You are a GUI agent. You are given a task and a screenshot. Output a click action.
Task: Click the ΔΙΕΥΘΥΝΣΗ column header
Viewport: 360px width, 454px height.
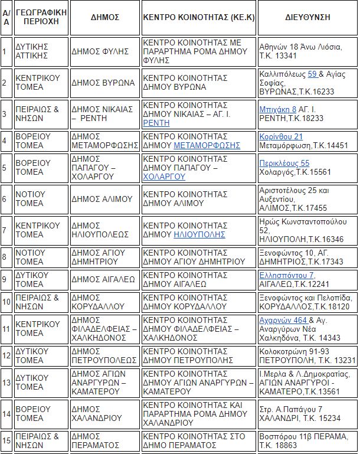[307, 18]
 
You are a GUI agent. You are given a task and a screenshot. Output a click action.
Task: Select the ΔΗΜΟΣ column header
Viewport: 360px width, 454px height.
[105, 18]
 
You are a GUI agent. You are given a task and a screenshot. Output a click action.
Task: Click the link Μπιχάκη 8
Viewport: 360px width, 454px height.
[277, 109]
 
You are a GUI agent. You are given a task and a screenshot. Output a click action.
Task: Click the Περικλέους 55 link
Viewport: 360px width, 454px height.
[284, 164]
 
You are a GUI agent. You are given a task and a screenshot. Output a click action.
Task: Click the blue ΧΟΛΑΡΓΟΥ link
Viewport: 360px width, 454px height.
[164, 177]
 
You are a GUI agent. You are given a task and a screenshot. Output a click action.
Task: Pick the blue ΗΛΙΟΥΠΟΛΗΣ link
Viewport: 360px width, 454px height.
[199, 234]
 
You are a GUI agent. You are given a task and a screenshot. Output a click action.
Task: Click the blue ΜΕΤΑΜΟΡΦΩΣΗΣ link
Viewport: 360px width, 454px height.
[207, 145]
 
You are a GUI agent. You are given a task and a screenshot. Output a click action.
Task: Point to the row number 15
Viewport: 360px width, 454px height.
[6, 440]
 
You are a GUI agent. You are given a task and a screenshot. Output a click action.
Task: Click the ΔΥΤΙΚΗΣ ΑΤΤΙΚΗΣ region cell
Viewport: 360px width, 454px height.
[40, 51]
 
